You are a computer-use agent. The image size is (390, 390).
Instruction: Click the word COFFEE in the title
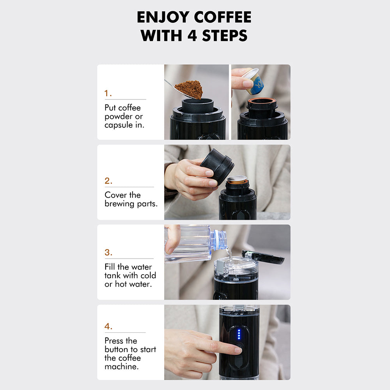click(223, 17)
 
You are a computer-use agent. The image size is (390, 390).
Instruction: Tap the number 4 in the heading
click(192, 35)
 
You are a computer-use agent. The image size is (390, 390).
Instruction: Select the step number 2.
click(108, 181)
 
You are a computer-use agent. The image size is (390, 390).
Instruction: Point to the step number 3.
click(108, 252)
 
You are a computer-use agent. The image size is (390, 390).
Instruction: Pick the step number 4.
click(108, 326)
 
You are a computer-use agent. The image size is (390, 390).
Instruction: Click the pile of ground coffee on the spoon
click(189, 89)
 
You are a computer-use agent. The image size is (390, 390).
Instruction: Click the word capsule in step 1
click(119, 125)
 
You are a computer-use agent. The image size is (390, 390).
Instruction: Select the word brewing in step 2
click(119, 204)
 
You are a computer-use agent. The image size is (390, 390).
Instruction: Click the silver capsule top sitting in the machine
click(237, 178)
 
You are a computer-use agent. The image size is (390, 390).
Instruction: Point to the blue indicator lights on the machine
click(239, 334)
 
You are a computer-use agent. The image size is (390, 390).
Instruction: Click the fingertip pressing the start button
click(237, 350)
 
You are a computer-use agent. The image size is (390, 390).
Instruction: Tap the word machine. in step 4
click(121, 366)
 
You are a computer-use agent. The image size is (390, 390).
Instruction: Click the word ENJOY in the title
click(163, 17)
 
